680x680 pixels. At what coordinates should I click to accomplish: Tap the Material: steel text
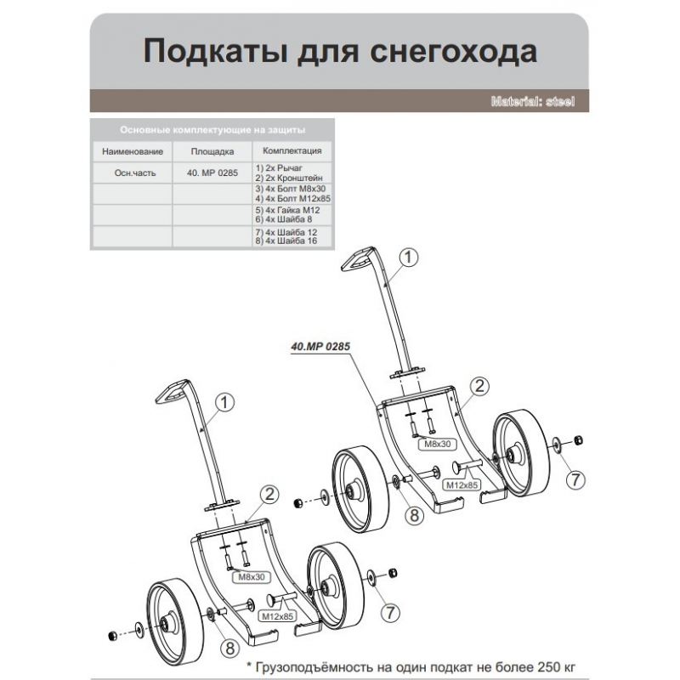pyautogui.click(x=533, y=101)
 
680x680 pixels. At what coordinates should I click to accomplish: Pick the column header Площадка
pyautogui.click(x=212, y=151)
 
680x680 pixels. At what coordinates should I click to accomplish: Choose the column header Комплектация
pyautogui.click(x=292, y=150)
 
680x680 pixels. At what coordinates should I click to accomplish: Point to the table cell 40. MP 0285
pyautogui.click(x=212, y=172)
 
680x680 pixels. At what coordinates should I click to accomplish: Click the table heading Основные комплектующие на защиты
pyautogui.click(x=212, y=130)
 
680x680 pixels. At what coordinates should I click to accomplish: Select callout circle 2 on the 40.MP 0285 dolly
pyautogui.click(x=479, y=387)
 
